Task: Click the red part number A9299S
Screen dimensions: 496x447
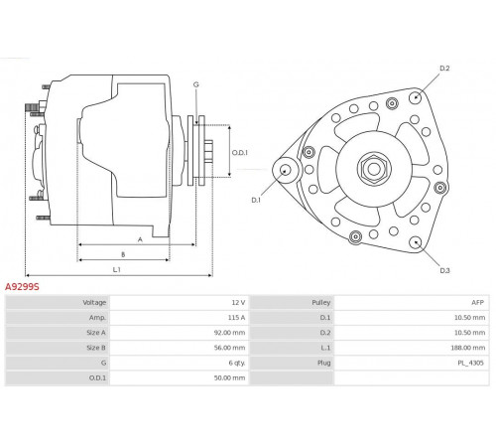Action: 22,287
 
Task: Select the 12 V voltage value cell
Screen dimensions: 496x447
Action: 238,302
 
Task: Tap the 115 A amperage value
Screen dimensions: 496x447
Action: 236,318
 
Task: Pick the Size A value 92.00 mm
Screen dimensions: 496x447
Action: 229,333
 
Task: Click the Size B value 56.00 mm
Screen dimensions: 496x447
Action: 229,348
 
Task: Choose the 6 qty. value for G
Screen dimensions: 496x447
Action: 237,363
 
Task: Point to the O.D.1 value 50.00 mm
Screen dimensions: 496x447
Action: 229,377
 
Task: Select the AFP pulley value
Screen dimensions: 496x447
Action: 477,302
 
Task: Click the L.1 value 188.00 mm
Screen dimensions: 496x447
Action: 468,348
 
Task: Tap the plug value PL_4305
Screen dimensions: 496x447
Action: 470,363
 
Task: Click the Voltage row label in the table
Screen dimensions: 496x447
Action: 94,302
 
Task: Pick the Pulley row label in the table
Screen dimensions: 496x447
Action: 320,302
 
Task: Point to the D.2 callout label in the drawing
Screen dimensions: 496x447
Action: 444,69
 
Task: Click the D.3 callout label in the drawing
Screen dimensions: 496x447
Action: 444,270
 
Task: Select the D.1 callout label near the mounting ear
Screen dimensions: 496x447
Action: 256,200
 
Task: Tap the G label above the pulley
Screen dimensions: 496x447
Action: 196,84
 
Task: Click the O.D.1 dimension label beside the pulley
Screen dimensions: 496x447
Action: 239,153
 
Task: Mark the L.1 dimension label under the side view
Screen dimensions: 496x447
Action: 117,270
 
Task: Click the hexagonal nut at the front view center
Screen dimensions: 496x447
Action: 374,169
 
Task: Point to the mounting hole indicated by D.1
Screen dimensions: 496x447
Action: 284,170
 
